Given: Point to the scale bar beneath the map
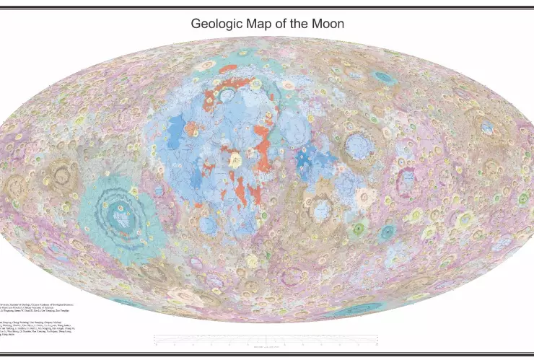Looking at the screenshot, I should [267, 340].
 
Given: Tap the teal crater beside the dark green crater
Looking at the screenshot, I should [388, 232].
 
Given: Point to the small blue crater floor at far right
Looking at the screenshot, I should [488, 130].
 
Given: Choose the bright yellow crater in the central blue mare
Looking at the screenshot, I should [235, 160].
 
